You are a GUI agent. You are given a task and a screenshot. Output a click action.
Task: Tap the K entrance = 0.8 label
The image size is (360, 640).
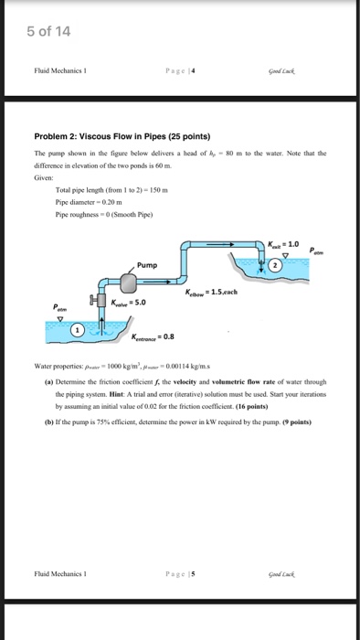click(x=154, y=336)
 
